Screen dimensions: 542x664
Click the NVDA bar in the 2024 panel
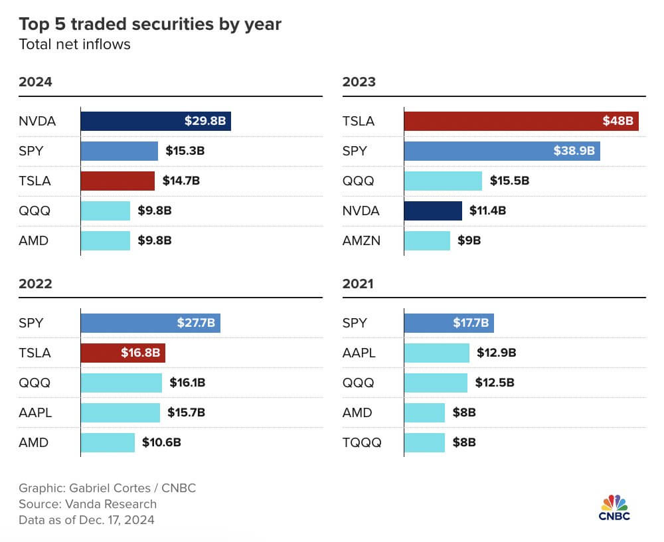tap(155, 121)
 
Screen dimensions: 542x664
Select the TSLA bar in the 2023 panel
tap(521, 121)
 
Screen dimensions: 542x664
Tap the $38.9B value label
tap(574, 151)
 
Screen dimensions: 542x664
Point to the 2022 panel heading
tap(35, 284)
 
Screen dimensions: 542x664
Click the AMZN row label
tap(363, 240)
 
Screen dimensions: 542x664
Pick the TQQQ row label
tap(363, 442)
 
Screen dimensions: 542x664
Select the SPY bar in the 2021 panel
tap(449, 323)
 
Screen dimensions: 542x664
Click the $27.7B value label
tap(195, 323)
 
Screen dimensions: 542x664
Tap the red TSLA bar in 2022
tap(123, 353)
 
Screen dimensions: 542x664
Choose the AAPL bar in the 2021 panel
tap(436, 353)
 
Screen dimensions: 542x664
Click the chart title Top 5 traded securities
tap(150, 25)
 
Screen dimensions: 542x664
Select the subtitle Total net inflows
tap(74, 45)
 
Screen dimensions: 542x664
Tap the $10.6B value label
tap(161, 442)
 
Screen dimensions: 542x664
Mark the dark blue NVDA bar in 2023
tap(433, 211)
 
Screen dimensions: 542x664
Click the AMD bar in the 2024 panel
tap(106, 240)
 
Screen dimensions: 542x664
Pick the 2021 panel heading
tap(358, 284)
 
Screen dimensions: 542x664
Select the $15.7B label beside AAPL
tap(187, 412)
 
